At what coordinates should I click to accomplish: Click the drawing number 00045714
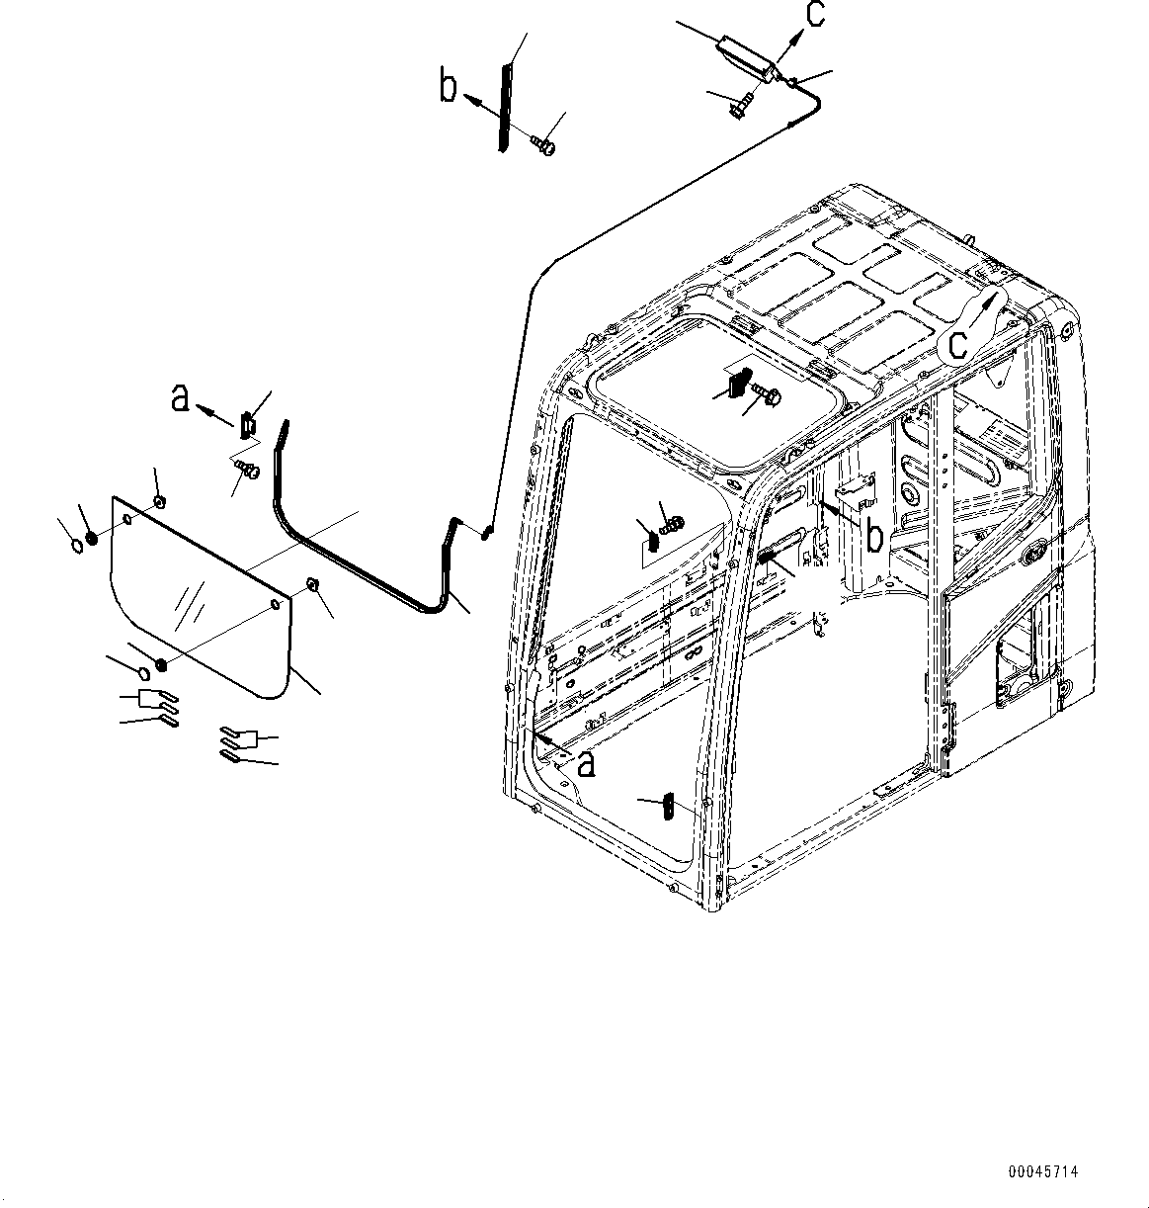pyautogui.click(x=1043, y=1172)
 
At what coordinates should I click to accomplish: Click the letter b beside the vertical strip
pyautogui.click(x=449, y=88)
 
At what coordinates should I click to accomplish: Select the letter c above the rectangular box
pyautogui.click(x=813, y=17)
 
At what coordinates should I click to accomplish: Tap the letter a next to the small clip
pyautogui.click(x=180, y=398)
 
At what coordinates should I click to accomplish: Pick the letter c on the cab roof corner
pyautogui.click(x=957, y=343)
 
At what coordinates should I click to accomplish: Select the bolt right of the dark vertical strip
pyautogui.click(x=543, y=145)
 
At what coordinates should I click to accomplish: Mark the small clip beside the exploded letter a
pyautogui.click(x=247, y=423)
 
